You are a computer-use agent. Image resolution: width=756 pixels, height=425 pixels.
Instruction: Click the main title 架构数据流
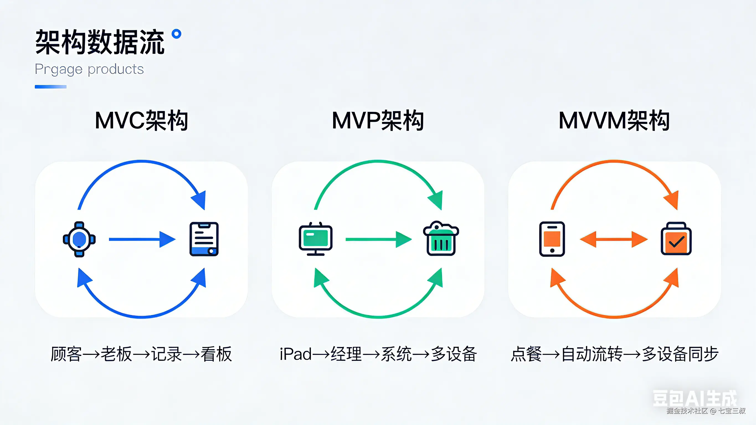[x=100, y=42]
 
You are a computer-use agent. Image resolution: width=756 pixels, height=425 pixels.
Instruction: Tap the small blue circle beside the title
[x=176, y=34]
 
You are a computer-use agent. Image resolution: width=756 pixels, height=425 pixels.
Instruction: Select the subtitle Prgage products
[x=89, y=69]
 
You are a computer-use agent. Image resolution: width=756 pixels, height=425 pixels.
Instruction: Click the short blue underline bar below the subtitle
[x=50, y=87]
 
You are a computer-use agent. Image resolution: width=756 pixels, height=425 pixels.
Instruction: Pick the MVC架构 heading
[x=142, y=121]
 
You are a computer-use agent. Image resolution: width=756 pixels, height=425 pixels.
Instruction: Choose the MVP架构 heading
[x=378, y=121]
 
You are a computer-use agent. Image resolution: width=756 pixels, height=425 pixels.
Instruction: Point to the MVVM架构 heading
[x=614, y=121]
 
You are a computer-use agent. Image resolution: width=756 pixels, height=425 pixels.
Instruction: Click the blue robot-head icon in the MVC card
[x=79, y=239]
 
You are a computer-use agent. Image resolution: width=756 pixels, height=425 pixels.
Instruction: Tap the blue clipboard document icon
[x=204, y=239]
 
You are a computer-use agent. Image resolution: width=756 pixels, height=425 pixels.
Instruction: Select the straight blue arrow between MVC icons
[x=142, y=239]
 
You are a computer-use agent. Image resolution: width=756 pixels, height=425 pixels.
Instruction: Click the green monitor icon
[x=315, y=239]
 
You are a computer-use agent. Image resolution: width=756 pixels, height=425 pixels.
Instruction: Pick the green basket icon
[x=441, y=239]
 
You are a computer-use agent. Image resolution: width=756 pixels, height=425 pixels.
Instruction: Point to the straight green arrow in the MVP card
[x=379, y=239]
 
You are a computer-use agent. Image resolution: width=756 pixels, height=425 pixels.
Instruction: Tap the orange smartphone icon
[x=552, y=239]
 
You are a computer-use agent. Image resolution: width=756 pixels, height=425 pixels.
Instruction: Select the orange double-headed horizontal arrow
[x=614, y=239]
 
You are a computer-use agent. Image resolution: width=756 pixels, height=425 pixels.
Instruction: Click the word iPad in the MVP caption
[x=295, y=354]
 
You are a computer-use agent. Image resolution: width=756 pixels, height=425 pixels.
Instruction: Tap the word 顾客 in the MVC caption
[x=66, y=354]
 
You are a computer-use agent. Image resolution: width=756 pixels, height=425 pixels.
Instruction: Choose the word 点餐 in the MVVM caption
[x=526, y=354]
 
